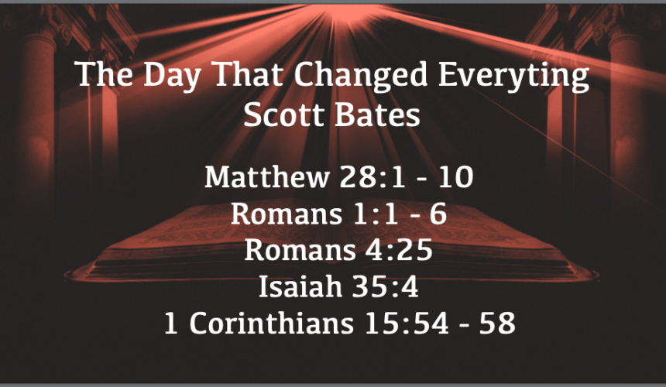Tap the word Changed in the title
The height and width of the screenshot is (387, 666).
[361, 74]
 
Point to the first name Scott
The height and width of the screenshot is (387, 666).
[283, 115]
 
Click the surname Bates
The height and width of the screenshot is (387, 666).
[376, 115]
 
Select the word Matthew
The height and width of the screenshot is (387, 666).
[267, 176]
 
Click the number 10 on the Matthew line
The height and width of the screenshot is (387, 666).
[456, 177]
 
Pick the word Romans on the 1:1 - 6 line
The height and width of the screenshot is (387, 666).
[287, 214]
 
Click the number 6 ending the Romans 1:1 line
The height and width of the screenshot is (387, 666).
[438, 214]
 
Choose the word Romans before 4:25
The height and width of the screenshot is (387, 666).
[300, 250]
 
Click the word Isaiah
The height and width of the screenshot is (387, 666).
[300, 286]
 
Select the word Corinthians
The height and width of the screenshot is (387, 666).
[271, 323]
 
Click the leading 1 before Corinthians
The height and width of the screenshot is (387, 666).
[170, 324]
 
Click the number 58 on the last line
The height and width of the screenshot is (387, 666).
[497, 324]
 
